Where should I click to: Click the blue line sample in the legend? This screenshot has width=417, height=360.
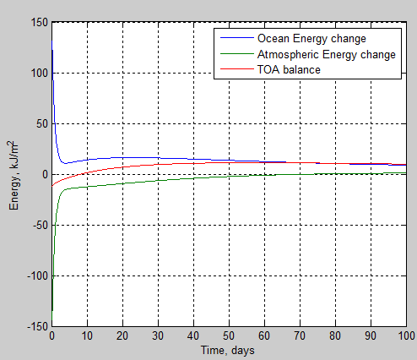(x=236, y=39)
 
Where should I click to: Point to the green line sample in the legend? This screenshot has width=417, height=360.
(x=236, y=69)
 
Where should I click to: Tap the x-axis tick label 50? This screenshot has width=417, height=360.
(x=229, y=337)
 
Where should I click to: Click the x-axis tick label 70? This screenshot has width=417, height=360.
(x=300, y=337)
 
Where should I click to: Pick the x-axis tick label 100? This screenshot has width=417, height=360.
(x=405, y=337)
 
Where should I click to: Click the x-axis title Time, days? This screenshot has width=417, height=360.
(x=229, y=350)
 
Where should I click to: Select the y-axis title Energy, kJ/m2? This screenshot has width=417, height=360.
(x=14, y=175)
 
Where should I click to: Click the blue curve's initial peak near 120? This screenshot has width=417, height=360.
(x=52, y=51)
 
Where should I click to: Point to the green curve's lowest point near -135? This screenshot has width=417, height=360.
(x=52, y=311)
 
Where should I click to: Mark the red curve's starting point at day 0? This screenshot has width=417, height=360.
(x=52, y=185)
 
